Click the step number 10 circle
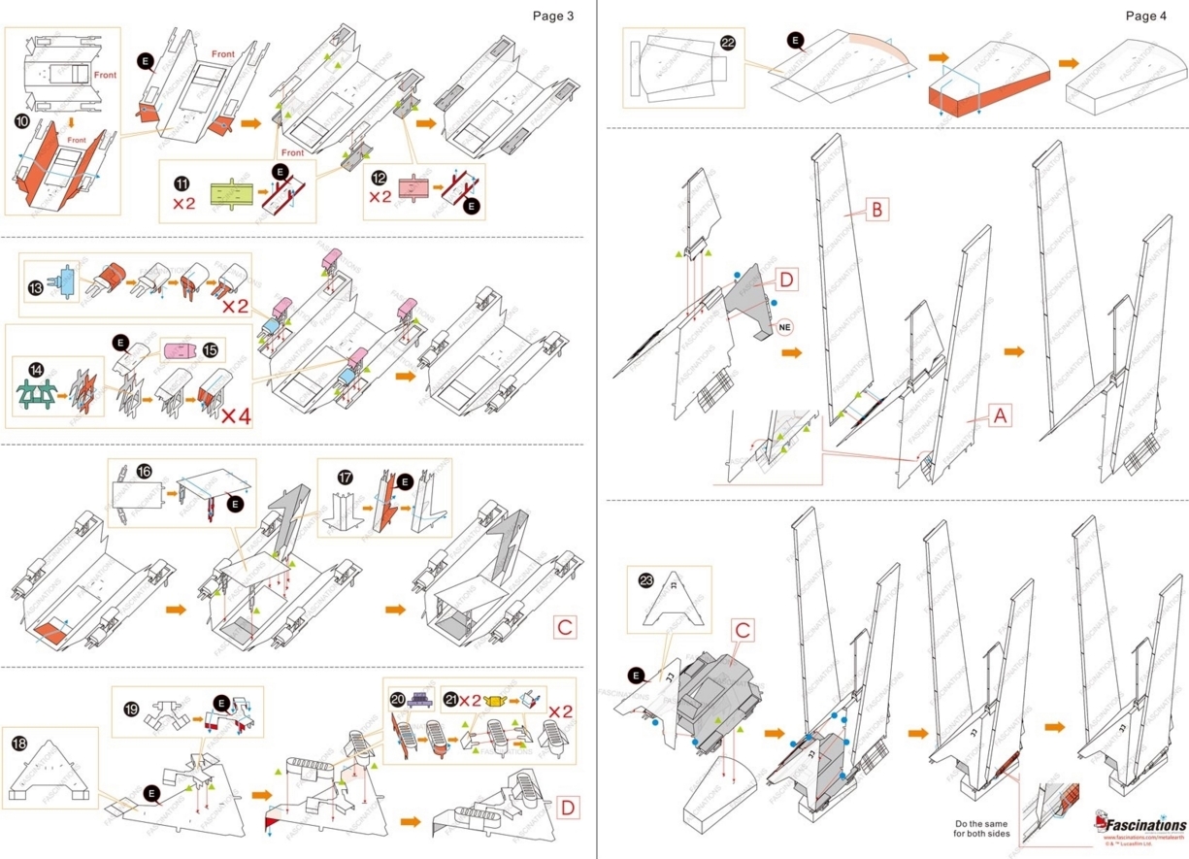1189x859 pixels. (21, 121)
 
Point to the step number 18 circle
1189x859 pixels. (19, 743)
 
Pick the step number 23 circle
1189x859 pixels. (646, 579)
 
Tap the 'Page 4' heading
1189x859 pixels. (1146, 16)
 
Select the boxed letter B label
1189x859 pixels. (876, 209)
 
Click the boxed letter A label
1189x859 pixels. (1001, 416)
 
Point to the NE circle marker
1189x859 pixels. (783, 327)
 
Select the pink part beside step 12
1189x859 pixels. (414, 185)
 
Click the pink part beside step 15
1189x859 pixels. (180, 349)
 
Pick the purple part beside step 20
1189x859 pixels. (420, 700)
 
